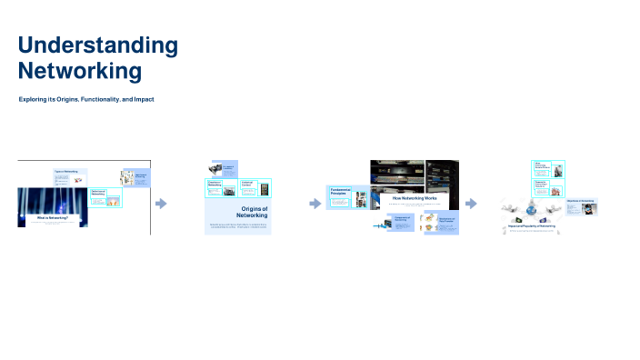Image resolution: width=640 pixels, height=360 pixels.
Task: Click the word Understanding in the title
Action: (x=98, y=45)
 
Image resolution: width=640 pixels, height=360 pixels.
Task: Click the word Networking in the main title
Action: (x=80, y=70)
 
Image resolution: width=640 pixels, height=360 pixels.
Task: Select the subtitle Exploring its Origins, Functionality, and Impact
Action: (x=86, y=97)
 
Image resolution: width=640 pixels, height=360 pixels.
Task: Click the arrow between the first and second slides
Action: (x=161, y=204)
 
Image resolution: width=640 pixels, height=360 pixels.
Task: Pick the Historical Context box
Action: (x=256, y=188)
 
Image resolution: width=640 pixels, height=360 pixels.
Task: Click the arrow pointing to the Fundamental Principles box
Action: (x=315, y=204)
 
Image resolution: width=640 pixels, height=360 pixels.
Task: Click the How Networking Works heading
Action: (x=415, y=197)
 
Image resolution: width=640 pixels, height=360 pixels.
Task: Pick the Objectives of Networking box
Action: (x=581, y=205)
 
